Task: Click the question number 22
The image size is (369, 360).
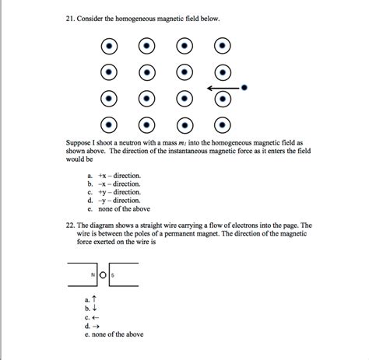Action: point(70,222)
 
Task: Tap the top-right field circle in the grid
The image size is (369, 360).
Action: point(223,47)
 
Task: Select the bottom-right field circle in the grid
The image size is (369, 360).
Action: point(223,124)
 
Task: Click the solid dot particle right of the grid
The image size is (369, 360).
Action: point(244,88)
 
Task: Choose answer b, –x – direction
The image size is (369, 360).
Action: point(114,185)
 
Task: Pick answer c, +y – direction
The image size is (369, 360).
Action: point(114,193)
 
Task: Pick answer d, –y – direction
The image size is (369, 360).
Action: point(114,201)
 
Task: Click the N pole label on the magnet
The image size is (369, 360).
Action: point(93,275)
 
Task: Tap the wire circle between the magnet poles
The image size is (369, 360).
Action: point(102,275)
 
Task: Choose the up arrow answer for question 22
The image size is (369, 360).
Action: point(93,299)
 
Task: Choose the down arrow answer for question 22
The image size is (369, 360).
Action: point(94,308)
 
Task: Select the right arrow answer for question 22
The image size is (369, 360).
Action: point(94,326)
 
